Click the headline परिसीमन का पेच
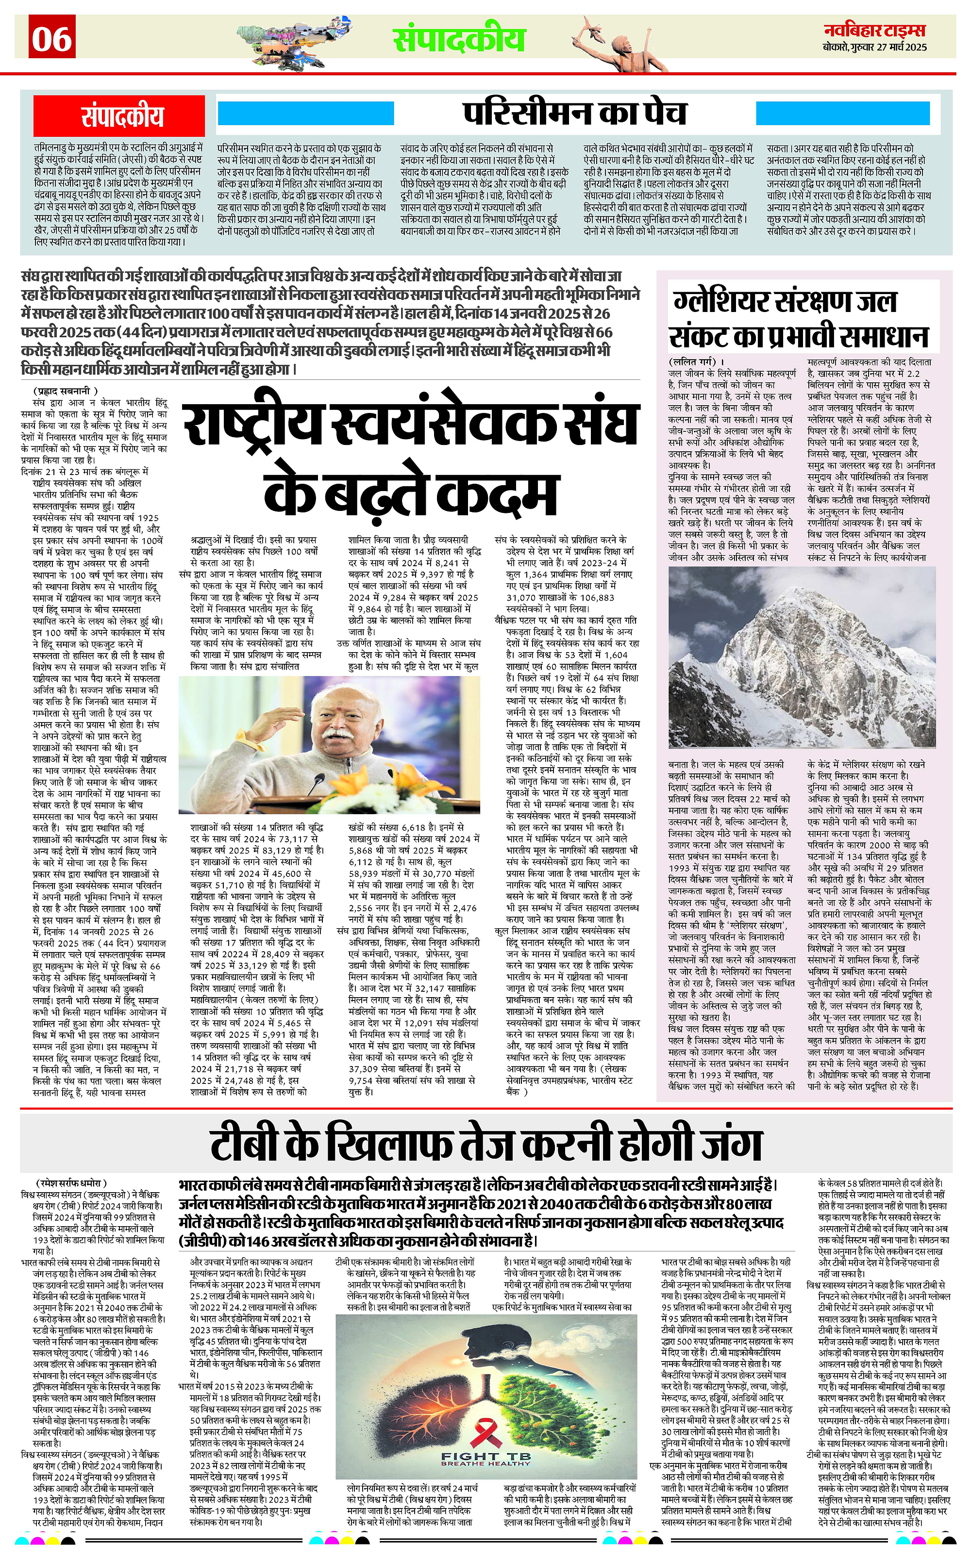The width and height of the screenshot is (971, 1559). click(x=575, y=114)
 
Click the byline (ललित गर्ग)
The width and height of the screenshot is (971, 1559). click(x=696, y=362)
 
